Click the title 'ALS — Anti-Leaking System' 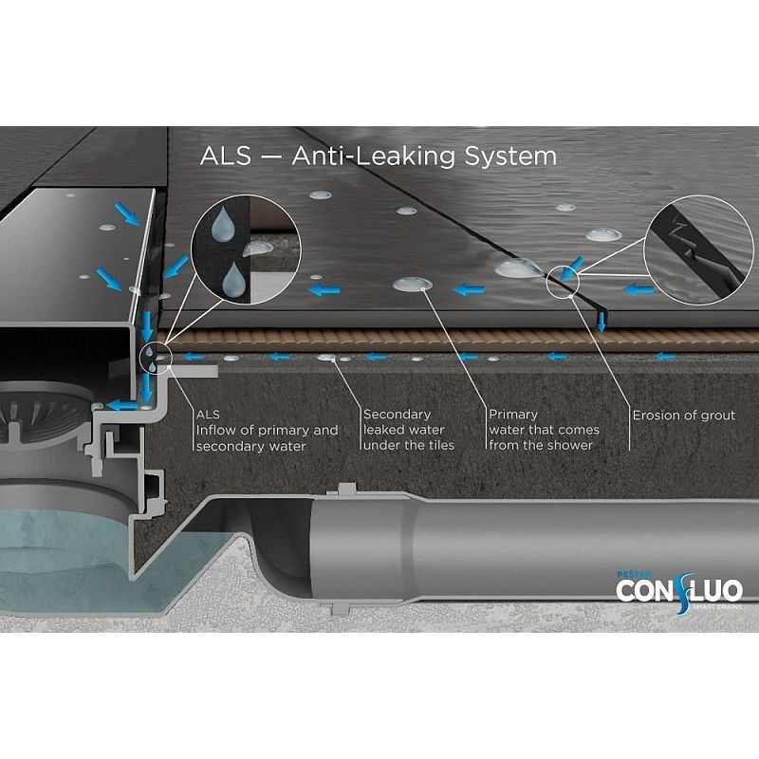point(378,156)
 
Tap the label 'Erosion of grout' point(683,416)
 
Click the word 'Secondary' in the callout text point(397,415)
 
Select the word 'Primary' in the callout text point(513,415)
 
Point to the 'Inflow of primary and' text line point(267,431)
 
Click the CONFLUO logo point(679,591)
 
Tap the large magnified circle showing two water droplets point(246,250)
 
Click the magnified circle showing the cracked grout point(699,250)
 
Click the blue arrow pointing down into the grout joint point(602,323)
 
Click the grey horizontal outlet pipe point(532,549)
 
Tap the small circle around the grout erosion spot point(563,281)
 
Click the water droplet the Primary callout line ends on point(413,284)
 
